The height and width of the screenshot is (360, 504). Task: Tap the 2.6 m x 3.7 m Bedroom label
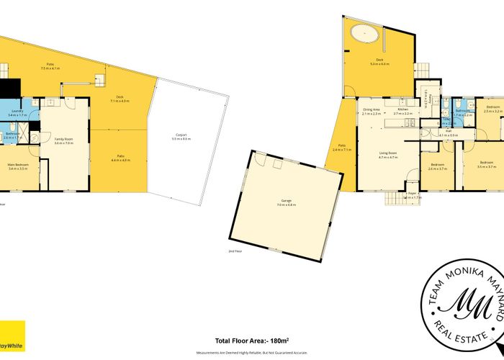click(438, 166)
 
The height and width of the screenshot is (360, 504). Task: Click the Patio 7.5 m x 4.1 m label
click(50, 66)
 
